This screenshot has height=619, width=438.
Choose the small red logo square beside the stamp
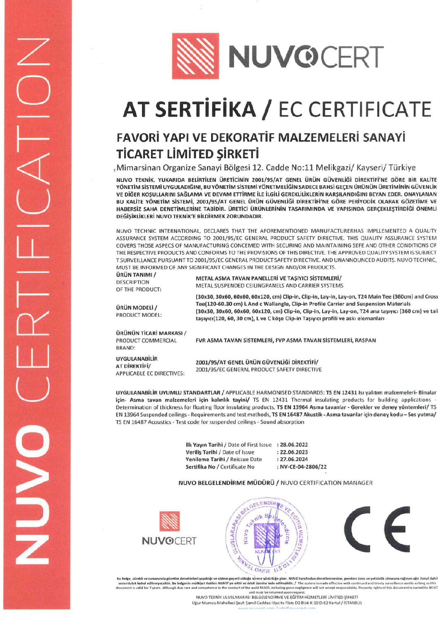pos(170,521)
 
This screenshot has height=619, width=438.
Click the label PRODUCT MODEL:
pos(139,315)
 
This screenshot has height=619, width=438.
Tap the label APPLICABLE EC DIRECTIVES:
pos(150,373)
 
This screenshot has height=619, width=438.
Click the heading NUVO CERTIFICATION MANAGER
pos(327,483)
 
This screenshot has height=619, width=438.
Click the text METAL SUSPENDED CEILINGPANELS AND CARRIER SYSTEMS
pos(270,285)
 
